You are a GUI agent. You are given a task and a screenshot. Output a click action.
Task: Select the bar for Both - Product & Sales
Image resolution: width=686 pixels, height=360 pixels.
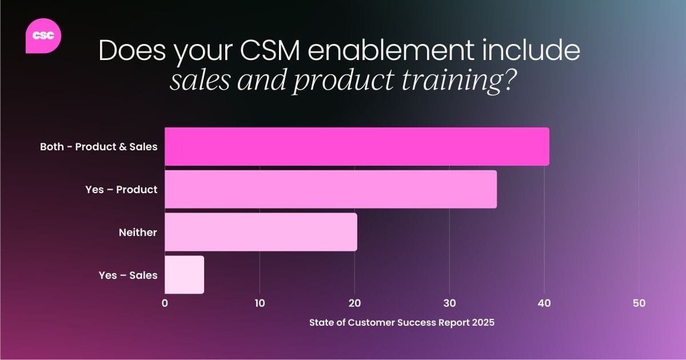(357, 147)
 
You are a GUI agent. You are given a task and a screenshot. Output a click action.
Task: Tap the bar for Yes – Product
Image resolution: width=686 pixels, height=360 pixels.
(330, 189)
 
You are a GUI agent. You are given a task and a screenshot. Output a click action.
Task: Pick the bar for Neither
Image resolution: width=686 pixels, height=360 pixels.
(261, 232)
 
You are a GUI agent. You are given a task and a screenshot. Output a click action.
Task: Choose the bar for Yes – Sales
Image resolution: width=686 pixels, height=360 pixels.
(184, 275)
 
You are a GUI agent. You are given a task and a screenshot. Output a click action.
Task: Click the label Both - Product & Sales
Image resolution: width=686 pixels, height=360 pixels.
(98, 147)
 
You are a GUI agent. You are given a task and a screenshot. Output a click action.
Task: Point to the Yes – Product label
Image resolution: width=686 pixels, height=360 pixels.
(121, 190)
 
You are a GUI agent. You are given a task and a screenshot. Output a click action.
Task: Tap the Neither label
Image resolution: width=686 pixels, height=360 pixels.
(138, 233)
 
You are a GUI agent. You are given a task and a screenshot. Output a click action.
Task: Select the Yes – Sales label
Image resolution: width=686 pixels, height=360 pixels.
(128, 275)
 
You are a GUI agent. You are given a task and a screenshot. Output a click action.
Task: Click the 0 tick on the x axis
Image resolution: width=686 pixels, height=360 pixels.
(165, 303)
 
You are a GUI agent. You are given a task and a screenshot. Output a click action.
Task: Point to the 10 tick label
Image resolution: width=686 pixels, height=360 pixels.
(260, 303)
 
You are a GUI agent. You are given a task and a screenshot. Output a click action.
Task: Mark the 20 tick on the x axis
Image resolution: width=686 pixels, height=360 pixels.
(354, 303)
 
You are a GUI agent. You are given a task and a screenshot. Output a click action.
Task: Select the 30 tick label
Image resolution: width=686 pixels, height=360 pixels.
(449, 303)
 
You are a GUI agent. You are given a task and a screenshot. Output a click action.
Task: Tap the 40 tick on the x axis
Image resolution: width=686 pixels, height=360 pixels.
(544, 303)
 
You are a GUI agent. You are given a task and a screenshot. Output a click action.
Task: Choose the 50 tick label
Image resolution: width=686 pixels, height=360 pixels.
(639, 303)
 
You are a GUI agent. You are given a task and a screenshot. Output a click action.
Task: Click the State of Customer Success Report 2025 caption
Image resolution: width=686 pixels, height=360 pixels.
(401, 322)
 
